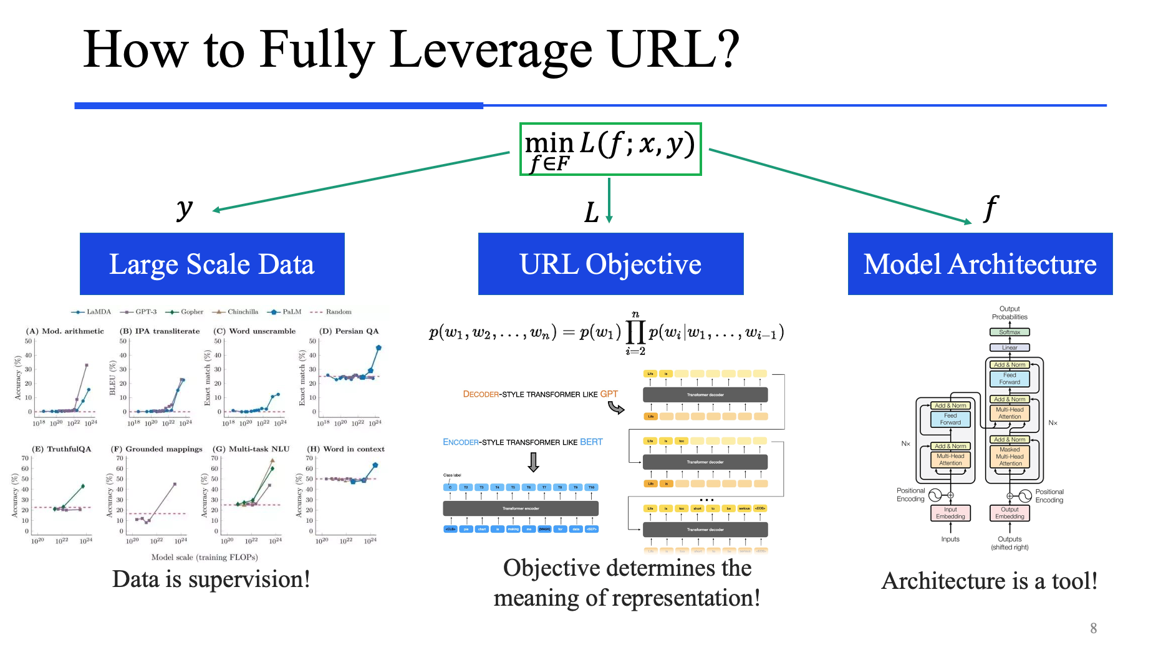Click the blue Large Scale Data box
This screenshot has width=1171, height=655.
pos(212,264)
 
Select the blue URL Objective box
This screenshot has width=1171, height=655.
pos(610,264)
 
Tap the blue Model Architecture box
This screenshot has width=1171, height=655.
pos(980,264)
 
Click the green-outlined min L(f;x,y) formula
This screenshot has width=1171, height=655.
pos(610,149)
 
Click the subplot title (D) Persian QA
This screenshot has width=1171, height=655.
pos(349,331)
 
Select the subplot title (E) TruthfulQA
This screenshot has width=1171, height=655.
pos(62,449)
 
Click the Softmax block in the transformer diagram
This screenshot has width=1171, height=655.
pos(1010,332)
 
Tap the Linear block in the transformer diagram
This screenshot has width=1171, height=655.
pos(1010,347)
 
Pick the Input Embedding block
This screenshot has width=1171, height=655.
pos(950,513)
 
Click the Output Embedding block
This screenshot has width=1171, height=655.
pos(1010,513)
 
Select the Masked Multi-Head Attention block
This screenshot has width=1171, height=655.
pos(1010,457)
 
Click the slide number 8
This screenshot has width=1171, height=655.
pos(1093,628)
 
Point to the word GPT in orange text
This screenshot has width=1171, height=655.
pos(609,394)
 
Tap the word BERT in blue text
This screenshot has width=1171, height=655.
pos(591,442)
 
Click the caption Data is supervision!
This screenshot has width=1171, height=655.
pos(211,580)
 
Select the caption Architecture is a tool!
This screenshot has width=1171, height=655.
pos(989,581)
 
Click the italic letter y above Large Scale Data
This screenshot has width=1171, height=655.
pos(184,208)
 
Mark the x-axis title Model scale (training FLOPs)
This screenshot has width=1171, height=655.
pos(205,557)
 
